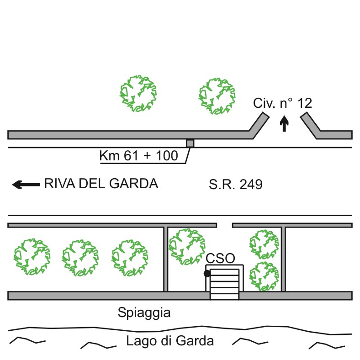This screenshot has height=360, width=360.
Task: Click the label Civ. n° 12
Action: click(x=283, y=104)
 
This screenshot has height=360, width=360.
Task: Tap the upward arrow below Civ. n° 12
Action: click(x=285, y=123)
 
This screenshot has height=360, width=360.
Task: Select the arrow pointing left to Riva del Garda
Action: click(x=26, y=185)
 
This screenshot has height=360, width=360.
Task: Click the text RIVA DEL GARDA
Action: click(x=101, y=184)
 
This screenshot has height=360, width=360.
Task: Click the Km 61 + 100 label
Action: click(x=139, y=156)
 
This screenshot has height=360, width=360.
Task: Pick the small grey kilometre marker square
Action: click(x=190, y=143)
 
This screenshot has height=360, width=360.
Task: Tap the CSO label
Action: click(x=220, y=259)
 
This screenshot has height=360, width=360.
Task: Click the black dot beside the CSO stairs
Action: click(x=207, y=274)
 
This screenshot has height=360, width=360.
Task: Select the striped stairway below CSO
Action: click(x=224, y=284)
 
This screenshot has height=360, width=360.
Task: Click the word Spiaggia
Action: click(x=143, y=313)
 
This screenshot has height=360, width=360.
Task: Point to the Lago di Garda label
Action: click(x=170, y=341)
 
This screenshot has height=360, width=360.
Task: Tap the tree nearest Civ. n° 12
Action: click(x=217, y=95)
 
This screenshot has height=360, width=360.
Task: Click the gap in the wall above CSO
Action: click(x=224, y=225)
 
